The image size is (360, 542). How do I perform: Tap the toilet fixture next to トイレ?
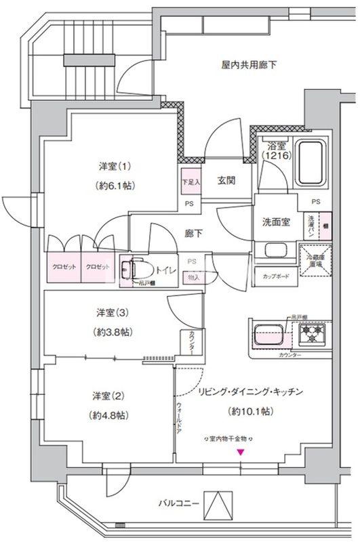[138, 270]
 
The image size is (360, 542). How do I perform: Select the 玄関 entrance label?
[226, 180]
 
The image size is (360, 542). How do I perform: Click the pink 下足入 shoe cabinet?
[190, 182]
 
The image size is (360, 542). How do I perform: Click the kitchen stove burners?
[313, 334]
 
